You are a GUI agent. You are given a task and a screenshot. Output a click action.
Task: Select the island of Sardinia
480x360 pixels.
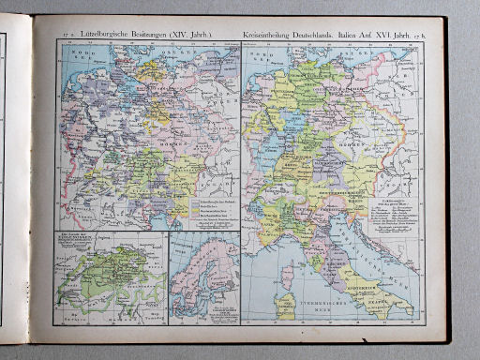(x=287, y=306)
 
